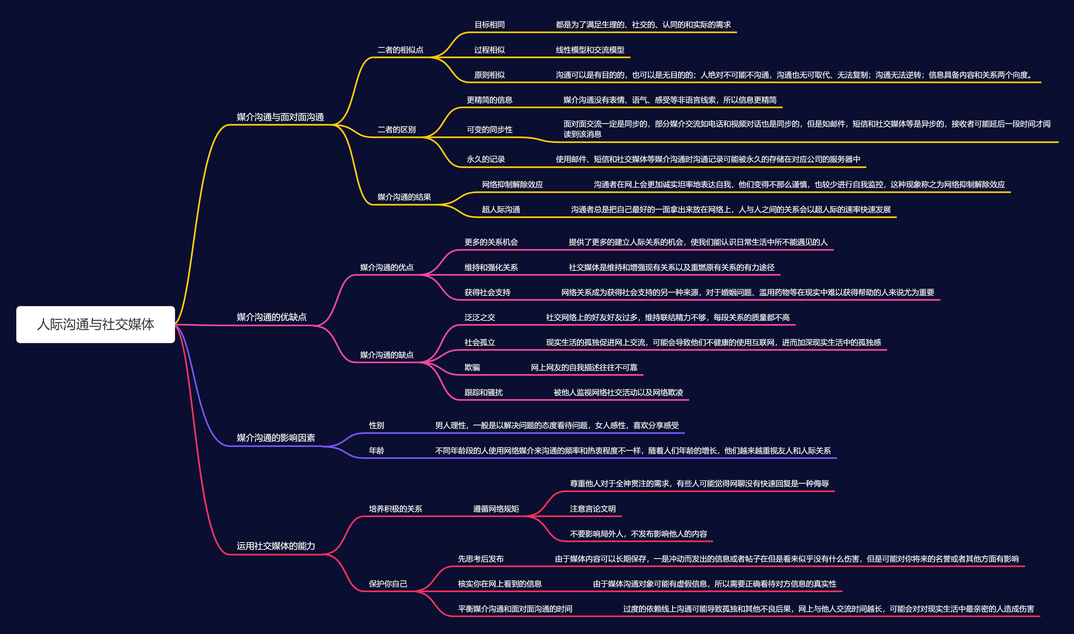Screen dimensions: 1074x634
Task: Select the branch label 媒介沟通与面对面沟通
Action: click(280, 117)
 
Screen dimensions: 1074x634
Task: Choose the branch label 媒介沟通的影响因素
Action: click(276, 437)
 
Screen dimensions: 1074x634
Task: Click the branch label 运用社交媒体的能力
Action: click(276, 546)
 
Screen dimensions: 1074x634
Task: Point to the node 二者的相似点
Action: click(400, 49)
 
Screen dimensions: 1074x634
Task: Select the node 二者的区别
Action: click(396, 129)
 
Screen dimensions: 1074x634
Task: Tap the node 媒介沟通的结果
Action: click(404, 197)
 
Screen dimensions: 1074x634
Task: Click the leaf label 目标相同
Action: click(489, 24)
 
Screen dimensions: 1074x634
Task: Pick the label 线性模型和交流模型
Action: click(590, 49)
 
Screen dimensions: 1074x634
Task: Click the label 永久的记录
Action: click(486, 159)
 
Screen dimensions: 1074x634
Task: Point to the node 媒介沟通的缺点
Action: click(386, 355)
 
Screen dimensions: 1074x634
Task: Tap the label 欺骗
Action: click(472, 367)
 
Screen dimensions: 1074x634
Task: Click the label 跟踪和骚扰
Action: click(483, 392)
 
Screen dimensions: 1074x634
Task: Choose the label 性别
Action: click(376, 425)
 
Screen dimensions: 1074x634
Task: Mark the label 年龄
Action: click(376, 450)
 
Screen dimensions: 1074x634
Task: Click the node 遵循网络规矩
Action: click(496, 508)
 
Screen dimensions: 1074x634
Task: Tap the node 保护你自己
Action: click(388, 584)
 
